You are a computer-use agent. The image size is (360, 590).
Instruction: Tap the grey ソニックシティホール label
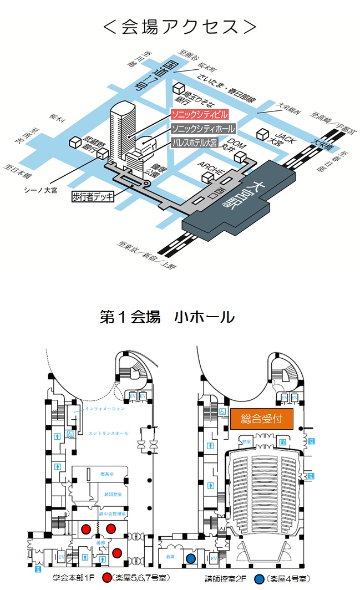202,129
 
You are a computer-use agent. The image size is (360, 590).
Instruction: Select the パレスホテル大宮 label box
201,142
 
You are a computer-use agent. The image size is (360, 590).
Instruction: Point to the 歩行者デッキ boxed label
93,196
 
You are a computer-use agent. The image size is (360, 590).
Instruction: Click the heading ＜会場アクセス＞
180,26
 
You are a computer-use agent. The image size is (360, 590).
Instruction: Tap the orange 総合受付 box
261,419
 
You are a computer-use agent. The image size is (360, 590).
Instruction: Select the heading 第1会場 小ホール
167,317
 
